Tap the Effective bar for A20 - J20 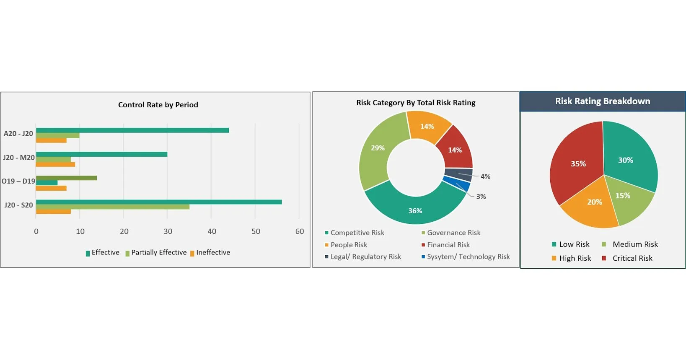coord(132,130)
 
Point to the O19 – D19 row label coord(18,181)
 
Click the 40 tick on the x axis coord(212,231)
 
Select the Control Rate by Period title coord(158,105)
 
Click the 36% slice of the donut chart coord(415,210)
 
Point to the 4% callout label coord(485,176)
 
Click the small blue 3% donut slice coord(457,183)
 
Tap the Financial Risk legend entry coord(448,245)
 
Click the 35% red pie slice coord(576,163)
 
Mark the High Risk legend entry coord(575,258)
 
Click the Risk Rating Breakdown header coord(603,101)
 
